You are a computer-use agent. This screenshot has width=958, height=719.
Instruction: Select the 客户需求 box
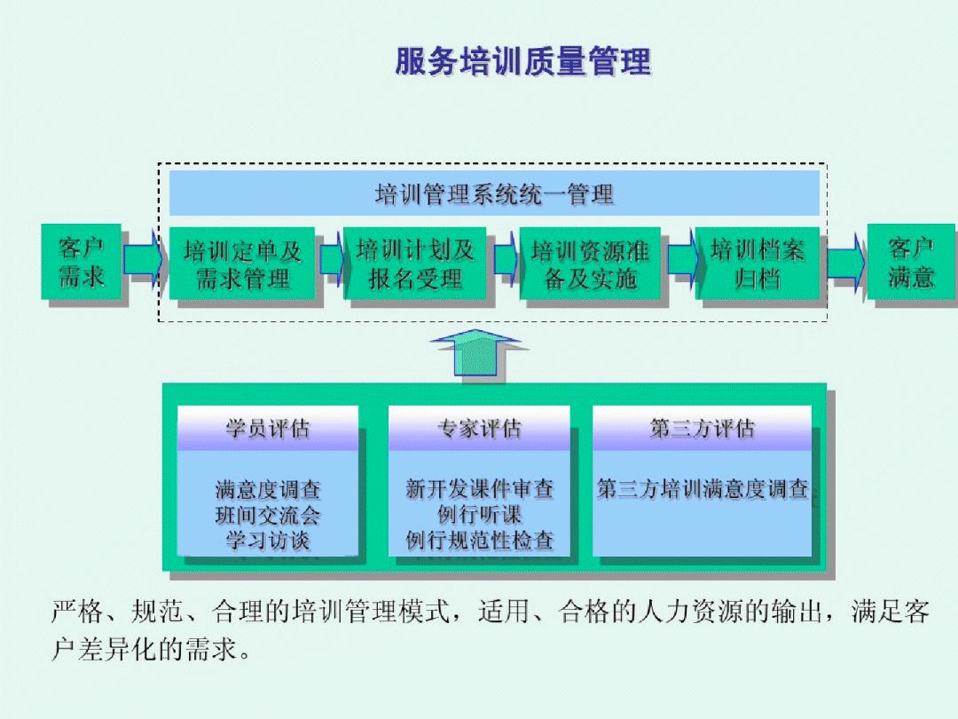click(x=82, y=262)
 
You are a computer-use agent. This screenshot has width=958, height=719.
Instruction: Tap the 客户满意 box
click(x=910, y=262)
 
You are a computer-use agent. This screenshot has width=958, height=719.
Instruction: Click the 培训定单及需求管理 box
click(x=242, y=265)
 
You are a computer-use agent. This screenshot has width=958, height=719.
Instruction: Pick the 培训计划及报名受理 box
click(x=415, y=265)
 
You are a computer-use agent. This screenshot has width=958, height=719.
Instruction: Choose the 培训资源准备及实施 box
click(x=590, y=265)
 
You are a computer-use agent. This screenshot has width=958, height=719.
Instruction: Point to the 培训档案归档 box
click(x=758, y=265)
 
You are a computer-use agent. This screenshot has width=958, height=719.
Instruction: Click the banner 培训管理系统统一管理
click(x=494, y=194)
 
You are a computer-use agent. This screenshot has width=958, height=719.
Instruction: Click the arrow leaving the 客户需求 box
click(x=143, y=260)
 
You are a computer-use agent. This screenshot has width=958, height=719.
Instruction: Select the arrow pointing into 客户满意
click(x=845, y=262)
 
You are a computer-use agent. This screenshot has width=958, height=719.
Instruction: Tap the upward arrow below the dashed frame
click(x=476, y=354)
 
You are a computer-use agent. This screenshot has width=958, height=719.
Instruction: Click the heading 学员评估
click(x=268, y=429)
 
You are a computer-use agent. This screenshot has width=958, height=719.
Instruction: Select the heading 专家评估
click(x=479, y=429)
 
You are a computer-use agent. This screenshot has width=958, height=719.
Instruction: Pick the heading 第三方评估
click(x=702, y=429)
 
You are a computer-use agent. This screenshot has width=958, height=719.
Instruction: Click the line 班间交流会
click(x=268, y=515)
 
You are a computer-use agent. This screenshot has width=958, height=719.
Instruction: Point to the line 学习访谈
click(x=268, y=540)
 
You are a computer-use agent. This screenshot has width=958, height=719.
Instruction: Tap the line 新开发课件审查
click(x=479, y=488)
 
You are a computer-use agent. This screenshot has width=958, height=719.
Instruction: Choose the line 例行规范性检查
click(x=479, y=540)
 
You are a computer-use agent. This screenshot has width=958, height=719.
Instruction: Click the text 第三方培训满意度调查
click(x=702, y=489)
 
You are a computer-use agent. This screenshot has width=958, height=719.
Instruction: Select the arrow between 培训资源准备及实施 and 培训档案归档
click(x=682, y=259)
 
